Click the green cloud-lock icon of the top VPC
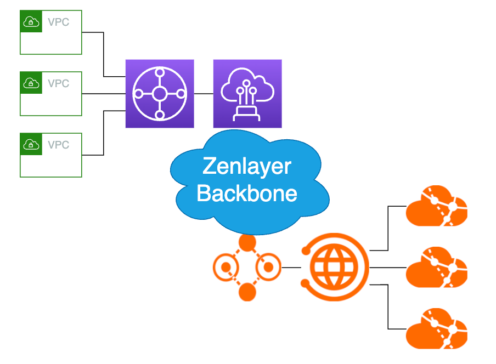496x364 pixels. click(x=31, y=22)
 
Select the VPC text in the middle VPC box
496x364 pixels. click(x=58, y=83)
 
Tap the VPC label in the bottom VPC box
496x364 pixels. click(x=58, y=145)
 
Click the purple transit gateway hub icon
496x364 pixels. click(x=159, y=94)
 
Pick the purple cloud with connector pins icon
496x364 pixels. click(x=247, y=94)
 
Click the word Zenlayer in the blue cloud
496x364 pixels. click(x=246, y=166)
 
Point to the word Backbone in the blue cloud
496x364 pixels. click(x=247, y=193)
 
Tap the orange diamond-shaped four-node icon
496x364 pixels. click(x=247, y=268)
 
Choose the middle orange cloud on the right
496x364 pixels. click(x=436, y=268)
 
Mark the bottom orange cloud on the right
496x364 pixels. click(x=436, y=328)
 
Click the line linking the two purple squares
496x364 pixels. click(x=203, y=94)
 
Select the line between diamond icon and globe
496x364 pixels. click(x=291, y=268)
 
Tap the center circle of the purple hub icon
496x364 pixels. click(x=159, y=94)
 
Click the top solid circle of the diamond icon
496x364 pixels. click(x=247, y=243)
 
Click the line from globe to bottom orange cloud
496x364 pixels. click(x=388, y=307)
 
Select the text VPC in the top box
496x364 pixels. click(x=58, y=22)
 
